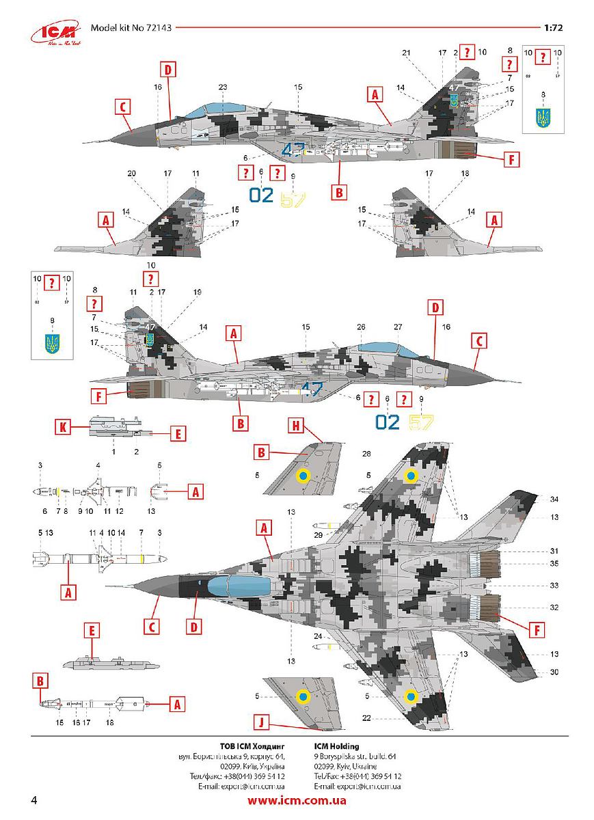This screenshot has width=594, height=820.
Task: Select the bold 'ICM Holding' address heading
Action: [336, 746]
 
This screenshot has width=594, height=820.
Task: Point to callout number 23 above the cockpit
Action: [222, 87]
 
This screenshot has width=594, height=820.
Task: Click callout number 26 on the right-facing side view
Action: [361, 327]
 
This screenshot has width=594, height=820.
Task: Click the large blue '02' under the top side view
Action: [262, 195]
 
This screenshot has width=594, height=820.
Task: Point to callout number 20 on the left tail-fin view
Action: [131, 174]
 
